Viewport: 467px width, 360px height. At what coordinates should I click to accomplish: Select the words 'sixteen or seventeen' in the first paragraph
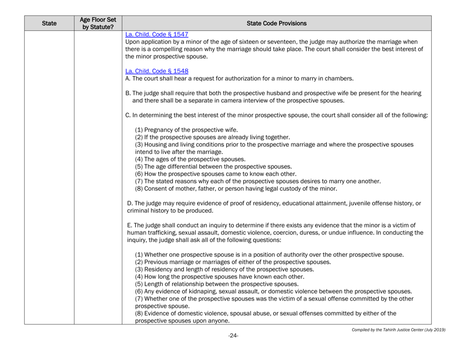[259, 43]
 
